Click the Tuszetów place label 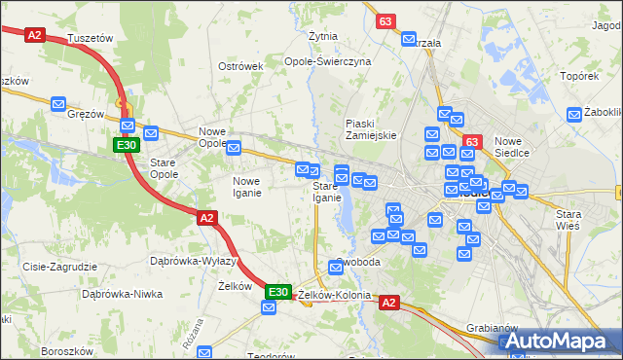tap(92, 38)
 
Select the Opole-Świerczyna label tap(328, 60)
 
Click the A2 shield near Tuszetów tap(35, 34)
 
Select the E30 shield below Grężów tap(125, 145)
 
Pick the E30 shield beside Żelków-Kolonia tap(278, 291)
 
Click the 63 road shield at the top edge tap(386, 20)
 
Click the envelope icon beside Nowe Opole tap(234, 147)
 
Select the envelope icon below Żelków tap(269, 308)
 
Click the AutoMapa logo tap(560, 342)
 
